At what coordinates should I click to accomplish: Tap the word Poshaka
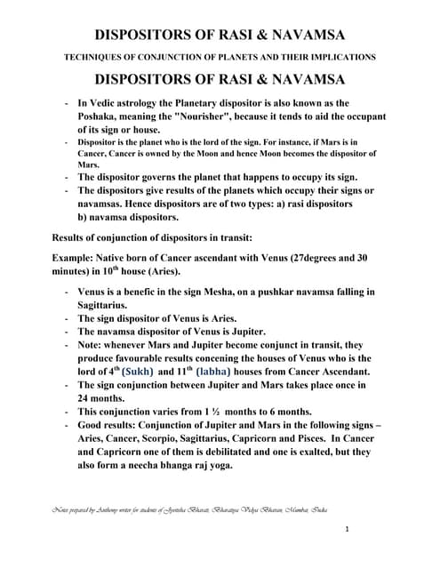point(101,116)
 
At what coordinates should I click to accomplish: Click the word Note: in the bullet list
point(92,344)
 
